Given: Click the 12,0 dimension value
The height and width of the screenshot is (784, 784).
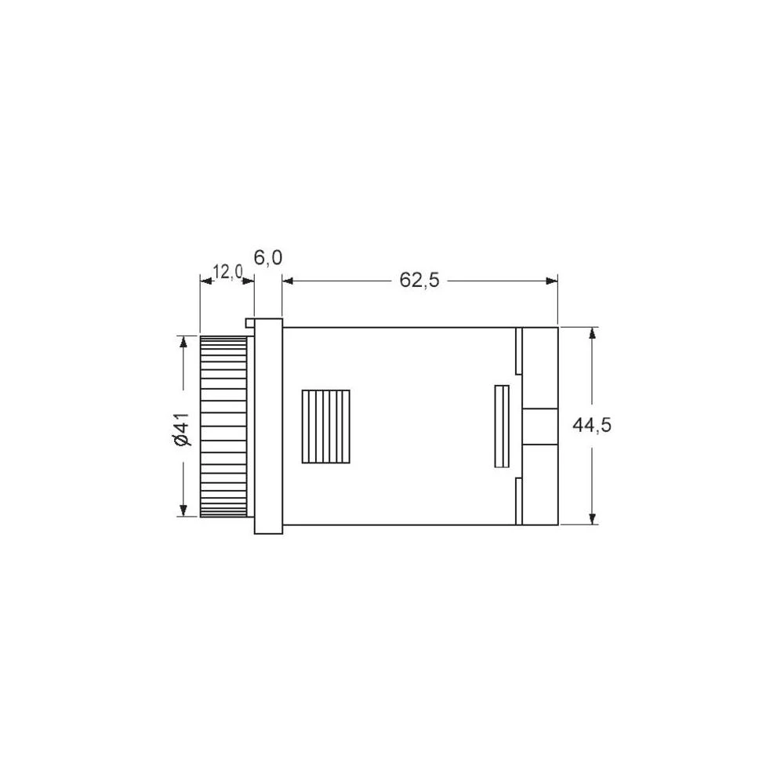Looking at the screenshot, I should point(228,272).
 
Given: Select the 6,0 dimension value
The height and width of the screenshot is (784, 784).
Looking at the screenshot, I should point(268,258).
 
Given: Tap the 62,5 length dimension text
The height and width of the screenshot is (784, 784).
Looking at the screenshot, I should point(419,280).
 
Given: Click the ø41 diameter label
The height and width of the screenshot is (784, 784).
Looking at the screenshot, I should point(182,430).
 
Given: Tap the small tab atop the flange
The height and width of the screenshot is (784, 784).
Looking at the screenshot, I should point(250,321).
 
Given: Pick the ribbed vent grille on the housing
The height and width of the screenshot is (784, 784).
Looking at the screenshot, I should point(326,427).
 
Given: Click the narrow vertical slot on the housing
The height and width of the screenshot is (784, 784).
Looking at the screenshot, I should point(502,426).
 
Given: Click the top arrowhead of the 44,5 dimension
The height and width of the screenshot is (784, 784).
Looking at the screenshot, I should point(593,332).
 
